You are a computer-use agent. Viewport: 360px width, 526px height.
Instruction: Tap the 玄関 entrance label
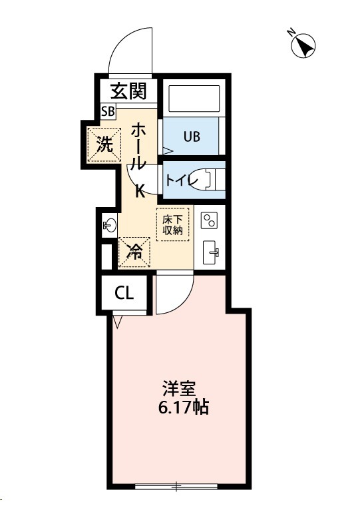tap(128, 89)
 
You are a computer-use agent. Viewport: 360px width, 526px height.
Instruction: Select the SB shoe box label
tap(108, 110)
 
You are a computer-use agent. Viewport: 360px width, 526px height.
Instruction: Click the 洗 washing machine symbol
tap(104, 144)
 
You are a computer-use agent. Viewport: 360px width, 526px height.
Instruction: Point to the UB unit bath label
tap(192, 137)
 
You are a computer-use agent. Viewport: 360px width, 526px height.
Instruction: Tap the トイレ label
tap(178, 178)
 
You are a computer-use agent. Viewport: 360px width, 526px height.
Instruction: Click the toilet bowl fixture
tap(214, 178)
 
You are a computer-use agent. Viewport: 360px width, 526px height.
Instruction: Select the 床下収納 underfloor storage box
tap(173, 224)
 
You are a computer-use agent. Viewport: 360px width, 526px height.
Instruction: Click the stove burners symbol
tap(210, 220)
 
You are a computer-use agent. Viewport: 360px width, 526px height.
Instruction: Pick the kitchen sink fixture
tap(210, 250)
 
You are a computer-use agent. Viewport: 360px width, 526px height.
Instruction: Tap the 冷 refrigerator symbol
tap(134, 252)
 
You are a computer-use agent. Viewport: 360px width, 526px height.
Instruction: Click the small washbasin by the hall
tap(109, 225)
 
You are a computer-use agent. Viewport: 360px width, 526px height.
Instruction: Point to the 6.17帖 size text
tap(184, 407)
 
